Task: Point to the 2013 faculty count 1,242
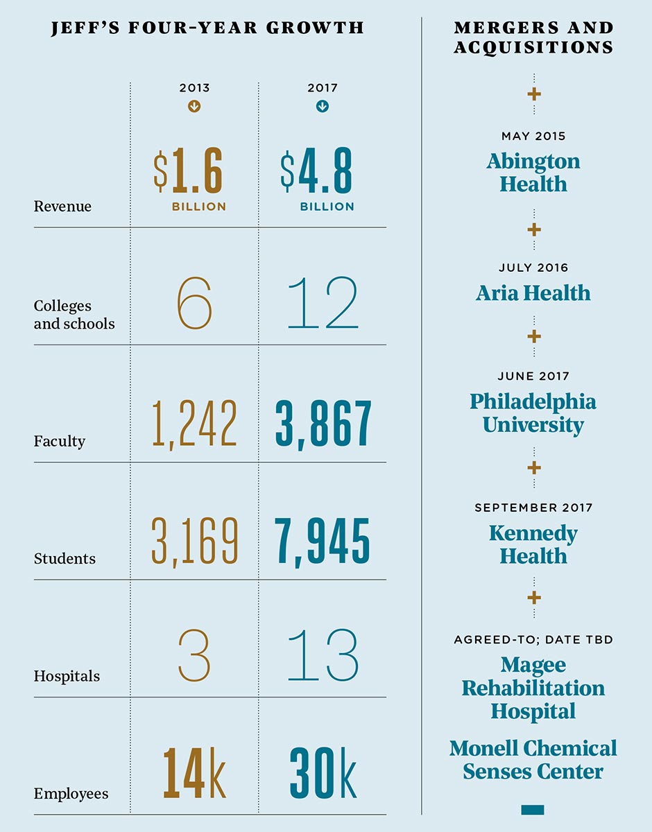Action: [x=194, y=423]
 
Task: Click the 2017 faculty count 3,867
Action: [x=323, y=423]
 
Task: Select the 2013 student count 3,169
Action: [x=194, y=540]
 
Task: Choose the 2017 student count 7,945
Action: [x=323, y=540]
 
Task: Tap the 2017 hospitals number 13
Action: [x=323, y=657]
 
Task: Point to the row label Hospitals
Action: [x=67, y=676]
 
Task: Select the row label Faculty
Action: [x=60, y=441]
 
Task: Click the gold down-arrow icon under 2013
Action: [x=194, y=107]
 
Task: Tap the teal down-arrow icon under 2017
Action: [x=323, y=107]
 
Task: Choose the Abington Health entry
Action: [x=533, y=173]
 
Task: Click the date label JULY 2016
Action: [x=533, y=268]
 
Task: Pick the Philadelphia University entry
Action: [x=533, y=413]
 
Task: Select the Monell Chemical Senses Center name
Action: [x=533, y=760]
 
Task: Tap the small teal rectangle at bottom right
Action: [x=532, y=810]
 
